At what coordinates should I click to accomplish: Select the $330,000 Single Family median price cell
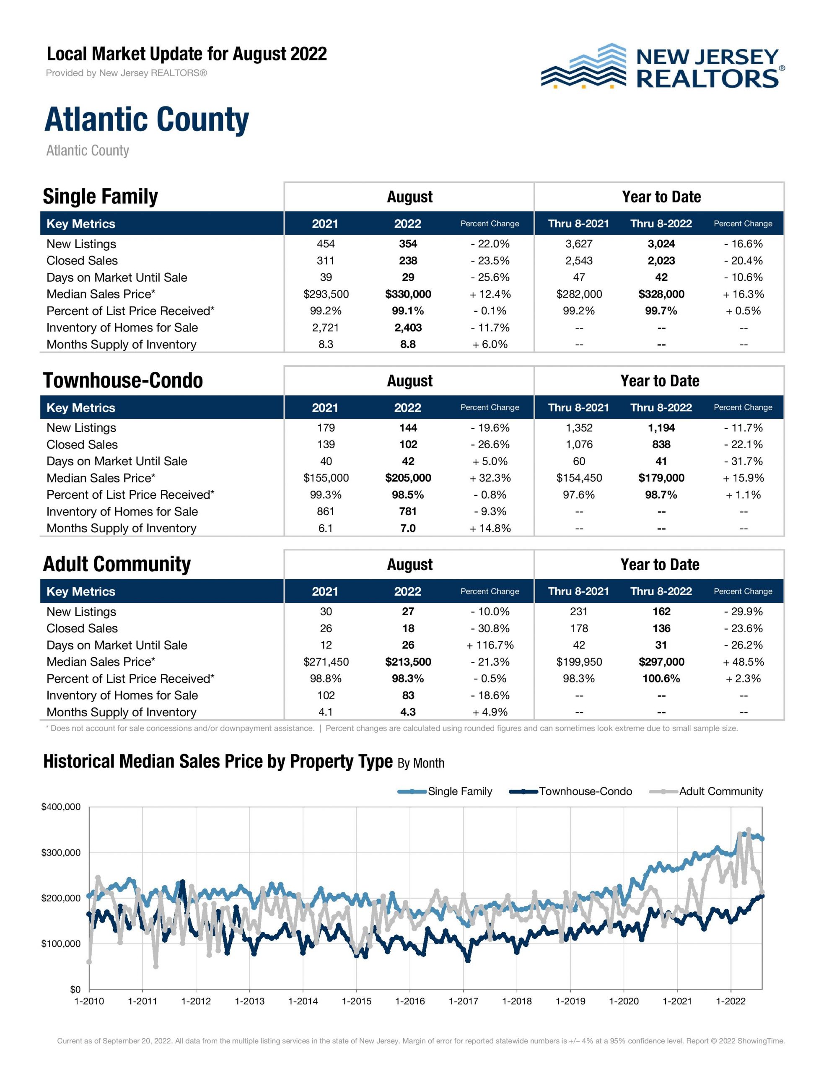point(408,294)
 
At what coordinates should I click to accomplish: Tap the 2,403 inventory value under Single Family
point(408,328)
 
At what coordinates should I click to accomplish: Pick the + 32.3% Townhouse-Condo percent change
point(490,478)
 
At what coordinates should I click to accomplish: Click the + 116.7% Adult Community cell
point(490,645)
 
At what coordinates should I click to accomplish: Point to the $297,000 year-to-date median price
point(661,662)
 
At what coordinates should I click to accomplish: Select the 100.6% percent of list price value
point(661,679)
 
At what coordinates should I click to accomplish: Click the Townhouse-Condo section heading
point(123,381)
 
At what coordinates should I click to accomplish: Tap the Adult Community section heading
point(117,565)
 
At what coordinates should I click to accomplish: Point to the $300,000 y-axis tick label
point(61,853)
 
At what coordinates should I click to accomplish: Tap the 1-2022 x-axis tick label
point(731,1001)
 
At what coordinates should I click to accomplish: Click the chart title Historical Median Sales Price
point(218,762)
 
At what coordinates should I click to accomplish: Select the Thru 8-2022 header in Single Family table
point(661,223)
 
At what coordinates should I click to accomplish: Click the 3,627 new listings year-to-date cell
point(579,244)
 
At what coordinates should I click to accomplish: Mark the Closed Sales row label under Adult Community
point(82,628)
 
